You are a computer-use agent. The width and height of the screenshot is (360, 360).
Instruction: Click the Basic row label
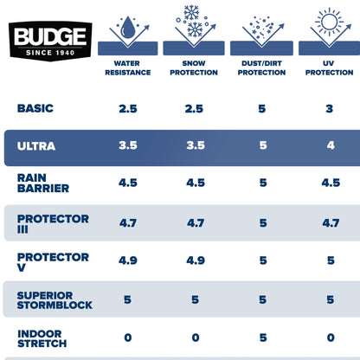pos(35,109)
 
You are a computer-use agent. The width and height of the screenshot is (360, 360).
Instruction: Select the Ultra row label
pos(36,146)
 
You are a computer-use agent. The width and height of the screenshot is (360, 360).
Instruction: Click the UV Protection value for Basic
pos(329,109)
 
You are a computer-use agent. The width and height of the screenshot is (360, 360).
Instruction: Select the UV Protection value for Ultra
pos(329,146)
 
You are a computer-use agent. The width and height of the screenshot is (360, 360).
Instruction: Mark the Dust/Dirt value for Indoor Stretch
pos(262,337)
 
